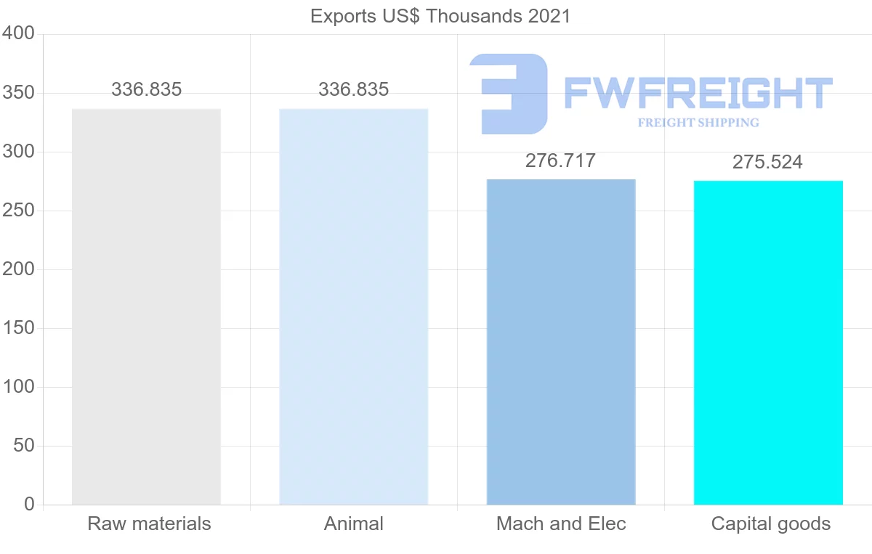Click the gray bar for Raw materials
pyautogui.click(x=146, y=306)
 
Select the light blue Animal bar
pyautogui.click(x=354, y=306)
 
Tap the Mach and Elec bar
pyautogui.click(x=561, y=341)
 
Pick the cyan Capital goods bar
pyautogui.click(x=768, y=342)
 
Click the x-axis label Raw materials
pyautogui.click(x=149, y=524)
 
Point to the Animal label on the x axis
pyautogui.click(x=354, y=524)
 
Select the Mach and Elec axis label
pyautogui.click(x=561, y=524)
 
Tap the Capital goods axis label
pyautogui.click(x=770, y=524)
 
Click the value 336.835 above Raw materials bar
pyautogui.click(x=146, y=90)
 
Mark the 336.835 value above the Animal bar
pyautogui.click(x=354, y=90)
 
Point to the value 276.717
pyautogui.click(x=560, y=160)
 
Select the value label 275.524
pyautogui.click(x=767, y=162)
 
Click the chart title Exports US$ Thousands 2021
pyautogui.click(x=440, y=16)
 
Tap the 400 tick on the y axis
pyautogui.click(x=18, y=33)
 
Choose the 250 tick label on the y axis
pyautogui.click(x=18, y=211)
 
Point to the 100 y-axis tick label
pyautogui.click(x=18, y=387)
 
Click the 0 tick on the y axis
pyautogui.click(x=29, y=504)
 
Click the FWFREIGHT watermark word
pyautogui.click(x=698, y=93)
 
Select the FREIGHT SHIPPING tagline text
pyautogui.click(x=698, y=123)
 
